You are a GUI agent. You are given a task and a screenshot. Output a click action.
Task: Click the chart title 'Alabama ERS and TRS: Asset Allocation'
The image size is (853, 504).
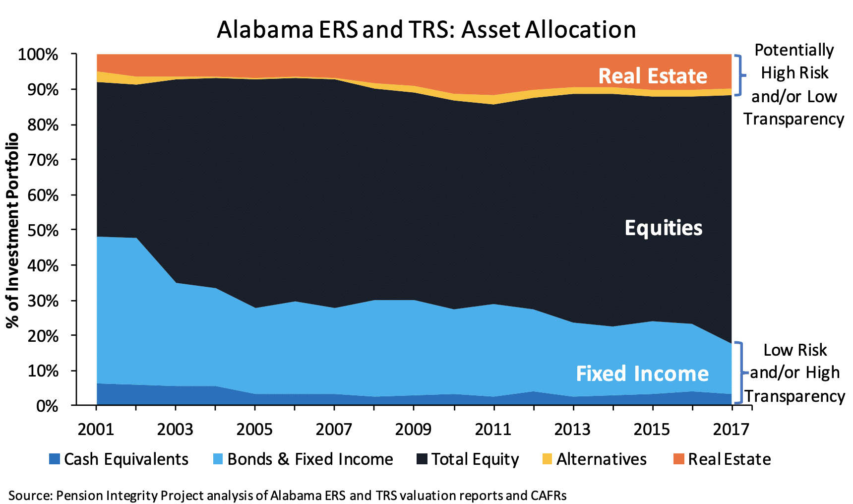tap(426, 30)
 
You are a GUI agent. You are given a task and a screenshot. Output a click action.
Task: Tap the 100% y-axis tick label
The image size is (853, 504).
tap(38, 55)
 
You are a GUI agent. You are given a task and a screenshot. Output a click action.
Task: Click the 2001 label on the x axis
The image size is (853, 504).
tap(96, 429)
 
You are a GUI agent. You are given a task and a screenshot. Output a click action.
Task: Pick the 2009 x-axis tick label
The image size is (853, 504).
tap(413, 429)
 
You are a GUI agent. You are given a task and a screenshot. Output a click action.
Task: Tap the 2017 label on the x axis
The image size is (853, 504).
tap(731, 429)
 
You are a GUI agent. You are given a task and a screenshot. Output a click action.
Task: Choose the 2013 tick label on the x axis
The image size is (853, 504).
tap(572, 429)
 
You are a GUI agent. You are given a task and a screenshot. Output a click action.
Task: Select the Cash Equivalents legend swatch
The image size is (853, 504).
tap(55, 459)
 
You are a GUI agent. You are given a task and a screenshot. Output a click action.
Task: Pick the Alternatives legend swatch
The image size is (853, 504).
tap(547, 459)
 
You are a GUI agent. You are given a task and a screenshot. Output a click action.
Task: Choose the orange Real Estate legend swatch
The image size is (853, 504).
tap(678, 459)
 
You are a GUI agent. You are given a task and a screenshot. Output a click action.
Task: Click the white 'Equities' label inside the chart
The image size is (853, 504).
tap(664, 228)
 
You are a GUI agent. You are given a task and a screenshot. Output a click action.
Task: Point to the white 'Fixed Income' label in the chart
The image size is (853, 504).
tap(642, 374)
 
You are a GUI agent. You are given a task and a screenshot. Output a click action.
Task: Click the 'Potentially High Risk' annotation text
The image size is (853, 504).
tap(794, 62)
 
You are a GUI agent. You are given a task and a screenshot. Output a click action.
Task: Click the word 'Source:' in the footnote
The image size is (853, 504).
tap(30, 496)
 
